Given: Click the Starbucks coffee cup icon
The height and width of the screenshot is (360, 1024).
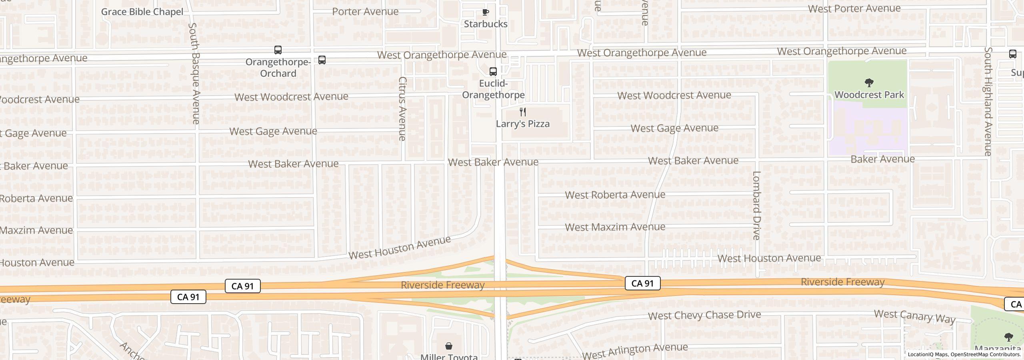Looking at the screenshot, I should [485, 12].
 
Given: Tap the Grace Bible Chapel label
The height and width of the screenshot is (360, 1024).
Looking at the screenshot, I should [142, 12].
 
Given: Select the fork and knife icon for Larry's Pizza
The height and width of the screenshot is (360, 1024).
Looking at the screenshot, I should [522, 112].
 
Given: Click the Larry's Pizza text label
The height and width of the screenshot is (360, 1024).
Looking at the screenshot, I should [522, 124].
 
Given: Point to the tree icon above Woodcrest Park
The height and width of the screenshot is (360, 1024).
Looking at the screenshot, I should [869, 83].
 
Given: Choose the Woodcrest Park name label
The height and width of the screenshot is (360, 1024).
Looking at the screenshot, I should [869, 95].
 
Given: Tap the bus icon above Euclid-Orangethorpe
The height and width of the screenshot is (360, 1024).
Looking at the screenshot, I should [493, 72].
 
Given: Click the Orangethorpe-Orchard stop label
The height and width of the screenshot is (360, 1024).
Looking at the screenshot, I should [278, 68].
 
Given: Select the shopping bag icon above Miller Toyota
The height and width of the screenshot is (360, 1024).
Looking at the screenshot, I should [449, 346].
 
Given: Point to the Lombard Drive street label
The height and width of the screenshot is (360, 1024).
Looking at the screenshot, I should [756, 205].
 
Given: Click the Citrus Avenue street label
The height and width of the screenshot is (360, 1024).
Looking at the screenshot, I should [402, 109].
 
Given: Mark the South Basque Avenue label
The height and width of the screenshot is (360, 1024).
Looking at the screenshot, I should [194, 73].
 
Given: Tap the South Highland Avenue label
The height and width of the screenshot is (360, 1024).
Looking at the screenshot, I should [988, 101].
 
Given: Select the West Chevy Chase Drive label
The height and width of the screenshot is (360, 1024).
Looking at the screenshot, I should [704, 315].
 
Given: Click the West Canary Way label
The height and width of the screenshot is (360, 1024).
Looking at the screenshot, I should [914, 316].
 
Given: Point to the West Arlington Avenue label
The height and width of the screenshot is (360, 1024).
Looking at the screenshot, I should [635, 351].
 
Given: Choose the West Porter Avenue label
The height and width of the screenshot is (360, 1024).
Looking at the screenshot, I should [854, 8].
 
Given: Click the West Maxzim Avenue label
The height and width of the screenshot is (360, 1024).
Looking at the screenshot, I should [615, 227].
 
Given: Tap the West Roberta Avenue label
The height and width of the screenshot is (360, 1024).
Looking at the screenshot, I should [615, 195].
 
